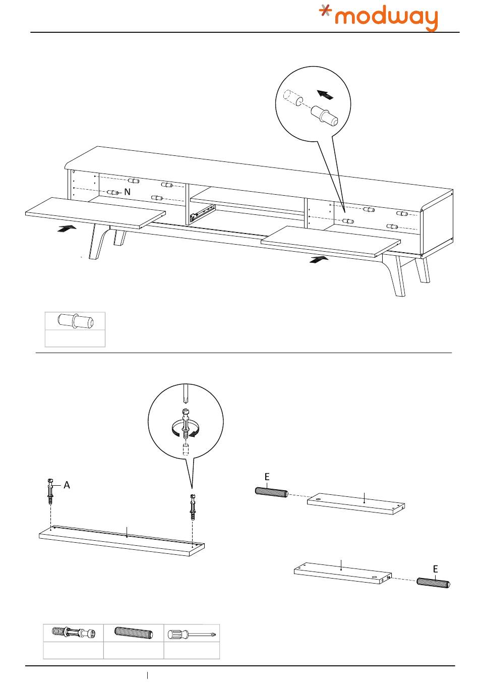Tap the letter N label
click(128, 192)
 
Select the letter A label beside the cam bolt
click(67, 485)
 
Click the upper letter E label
click(267, 477)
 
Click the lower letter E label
click(436, 569)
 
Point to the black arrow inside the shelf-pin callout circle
click(325, 94)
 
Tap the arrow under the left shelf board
click(67, 228)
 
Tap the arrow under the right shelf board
click(318, 259)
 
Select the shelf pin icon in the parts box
click(75, 321)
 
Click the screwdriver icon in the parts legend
click(192, 633)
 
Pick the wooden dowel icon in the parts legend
click(134, 633)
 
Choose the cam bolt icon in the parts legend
click(74, 633)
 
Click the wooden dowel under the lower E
click(434, 583)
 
